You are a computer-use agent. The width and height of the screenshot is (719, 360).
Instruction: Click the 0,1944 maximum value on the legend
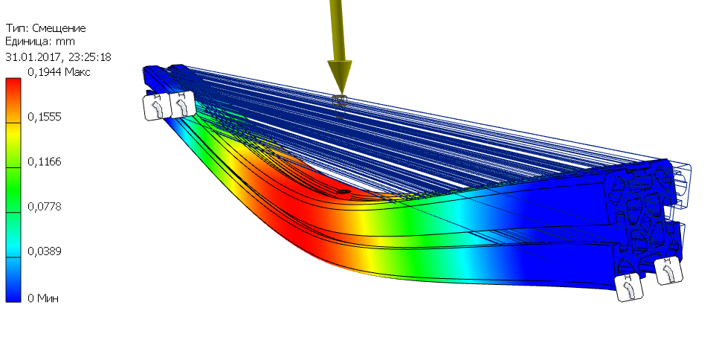[x=45, y=72]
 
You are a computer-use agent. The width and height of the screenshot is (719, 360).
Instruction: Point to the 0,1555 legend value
[x=45, y=117]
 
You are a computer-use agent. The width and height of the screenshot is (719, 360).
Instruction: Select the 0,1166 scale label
[x=45, y=162]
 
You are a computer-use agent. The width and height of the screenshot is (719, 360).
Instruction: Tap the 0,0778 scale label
[x=45, y=207]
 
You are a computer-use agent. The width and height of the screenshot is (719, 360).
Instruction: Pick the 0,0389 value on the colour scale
[x=45, y=251]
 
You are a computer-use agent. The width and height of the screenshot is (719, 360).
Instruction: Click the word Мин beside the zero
[x=48, y=298]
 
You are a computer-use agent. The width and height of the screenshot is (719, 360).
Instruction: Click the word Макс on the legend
[x=77, y=72]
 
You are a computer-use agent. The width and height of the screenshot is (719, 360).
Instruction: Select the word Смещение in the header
[x=59, y=28]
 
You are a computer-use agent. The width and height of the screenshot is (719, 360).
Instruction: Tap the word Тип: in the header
[x=17, y=28]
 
